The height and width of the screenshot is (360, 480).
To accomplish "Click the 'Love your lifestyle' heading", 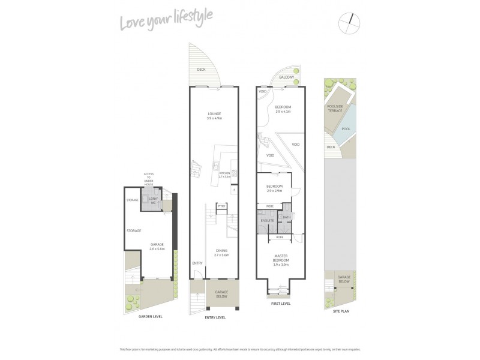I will (166, 23).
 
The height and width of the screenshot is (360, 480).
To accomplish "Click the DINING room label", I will (215, 253).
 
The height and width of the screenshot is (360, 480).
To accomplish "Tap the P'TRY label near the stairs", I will (221, 206).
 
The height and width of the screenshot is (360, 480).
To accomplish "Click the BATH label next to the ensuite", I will (286, 217).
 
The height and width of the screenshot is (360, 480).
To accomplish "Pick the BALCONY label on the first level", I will (287, 77).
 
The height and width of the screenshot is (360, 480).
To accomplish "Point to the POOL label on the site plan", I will (346, 128).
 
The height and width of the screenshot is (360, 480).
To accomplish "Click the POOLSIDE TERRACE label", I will (335, 109).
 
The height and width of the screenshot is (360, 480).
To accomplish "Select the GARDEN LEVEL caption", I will (150, 316).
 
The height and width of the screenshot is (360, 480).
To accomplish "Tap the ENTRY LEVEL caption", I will (214, 317).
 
